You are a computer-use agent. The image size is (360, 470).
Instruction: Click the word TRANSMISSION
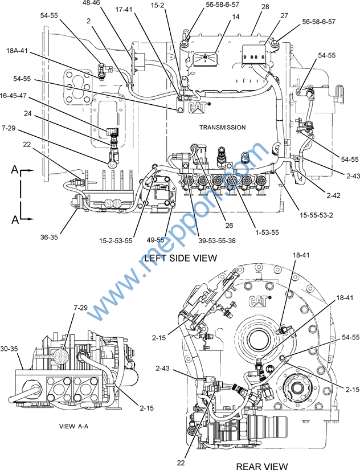pos(222,127)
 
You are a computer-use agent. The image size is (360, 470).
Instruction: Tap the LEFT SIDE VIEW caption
pos(181,258)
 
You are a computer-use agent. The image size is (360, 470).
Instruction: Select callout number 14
pos(219,18)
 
